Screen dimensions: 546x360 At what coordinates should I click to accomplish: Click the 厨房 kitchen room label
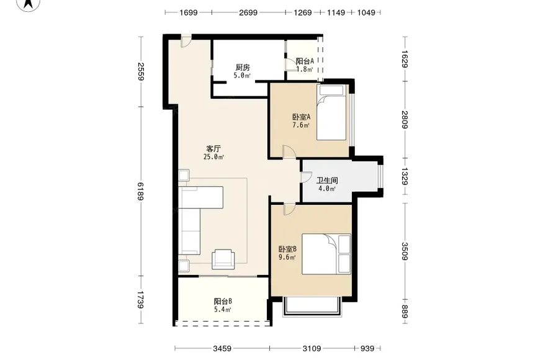click(243, 67)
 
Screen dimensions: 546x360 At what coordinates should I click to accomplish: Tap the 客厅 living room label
click(213, 149)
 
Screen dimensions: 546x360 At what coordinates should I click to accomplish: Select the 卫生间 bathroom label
click(327, 181)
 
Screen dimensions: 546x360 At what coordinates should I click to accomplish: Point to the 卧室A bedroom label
click(301, 117)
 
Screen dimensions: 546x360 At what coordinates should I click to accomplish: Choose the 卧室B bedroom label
click(287, 249)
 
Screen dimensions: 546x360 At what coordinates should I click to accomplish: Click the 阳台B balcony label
click(223, 301)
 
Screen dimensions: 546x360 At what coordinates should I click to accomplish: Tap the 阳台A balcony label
click(305, 61)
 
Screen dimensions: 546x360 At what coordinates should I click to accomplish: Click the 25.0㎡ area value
click(213, 157)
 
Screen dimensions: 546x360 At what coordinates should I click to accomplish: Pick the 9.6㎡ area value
click(287, 258)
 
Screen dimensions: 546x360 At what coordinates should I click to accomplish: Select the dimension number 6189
click(140, 191)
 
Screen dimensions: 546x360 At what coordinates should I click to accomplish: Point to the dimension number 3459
click(222, 348)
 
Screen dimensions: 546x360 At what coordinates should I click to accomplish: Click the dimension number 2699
click(248, 12)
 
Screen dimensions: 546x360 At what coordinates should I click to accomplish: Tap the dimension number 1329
click(405, 176)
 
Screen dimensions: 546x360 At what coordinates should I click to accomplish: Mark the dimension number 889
click(405, 311)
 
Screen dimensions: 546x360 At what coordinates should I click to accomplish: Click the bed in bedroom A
click(332, 112)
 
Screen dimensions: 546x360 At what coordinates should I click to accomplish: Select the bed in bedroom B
click(326, 254)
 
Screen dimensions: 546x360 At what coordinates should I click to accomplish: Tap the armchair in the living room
click(223, 259)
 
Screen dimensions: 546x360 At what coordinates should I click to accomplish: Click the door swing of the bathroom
click(307, 177)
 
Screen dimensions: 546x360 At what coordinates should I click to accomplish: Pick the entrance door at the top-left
click(186, 41)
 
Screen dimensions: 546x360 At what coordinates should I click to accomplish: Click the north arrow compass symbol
click(29, 4)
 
